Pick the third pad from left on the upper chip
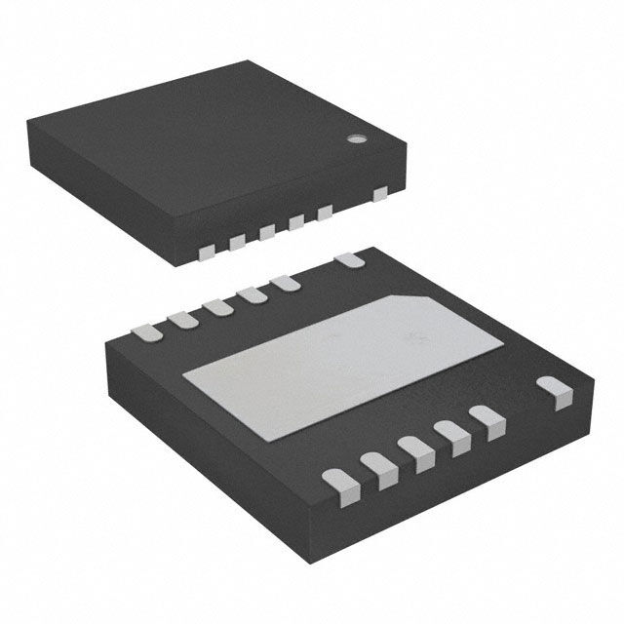tap(266, 232)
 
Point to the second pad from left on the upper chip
tap(237, 242)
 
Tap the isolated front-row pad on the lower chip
tap(556, 394)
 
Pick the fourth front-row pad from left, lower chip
tap(452, 434)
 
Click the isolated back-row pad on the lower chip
tap(349, 260)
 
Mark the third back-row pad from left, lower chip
tap(215, 306)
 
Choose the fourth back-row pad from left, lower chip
tap(251, 294)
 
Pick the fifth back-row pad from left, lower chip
tap(285, 283)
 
